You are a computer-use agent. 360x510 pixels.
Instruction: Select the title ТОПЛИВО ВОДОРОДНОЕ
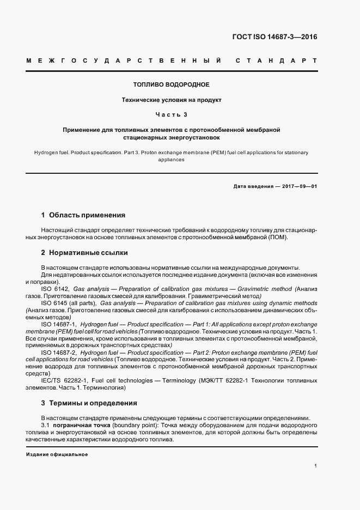coord(171,85)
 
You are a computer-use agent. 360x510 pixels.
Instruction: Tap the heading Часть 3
coord(171,114)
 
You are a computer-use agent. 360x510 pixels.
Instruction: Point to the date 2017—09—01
coord(298,186)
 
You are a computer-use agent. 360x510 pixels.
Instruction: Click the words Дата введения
coord(253,186)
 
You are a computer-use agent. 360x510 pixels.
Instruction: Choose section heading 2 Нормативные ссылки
coord(84,253)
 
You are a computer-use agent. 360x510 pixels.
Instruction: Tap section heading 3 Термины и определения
coord(89,403)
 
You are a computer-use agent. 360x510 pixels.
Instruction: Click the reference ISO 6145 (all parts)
coord(69,302)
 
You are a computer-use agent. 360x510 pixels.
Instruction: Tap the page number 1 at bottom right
coord(316,466)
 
